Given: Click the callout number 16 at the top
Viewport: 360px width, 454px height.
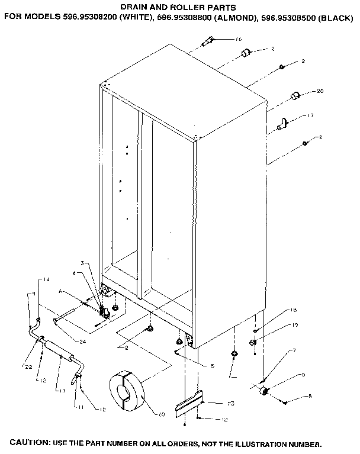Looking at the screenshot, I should pyautogui.click(x=238, y=39).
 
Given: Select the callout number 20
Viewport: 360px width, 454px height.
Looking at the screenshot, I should pyautogui.click(x=320, y=91).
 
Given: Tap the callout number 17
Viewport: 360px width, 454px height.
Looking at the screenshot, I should pyautogui.click(x=310, y=116).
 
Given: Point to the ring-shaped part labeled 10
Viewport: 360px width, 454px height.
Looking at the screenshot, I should pyautogui.click(x=128, y=391).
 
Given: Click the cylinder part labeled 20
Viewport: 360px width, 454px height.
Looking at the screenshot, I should pyautogui.click(x=295, y=96).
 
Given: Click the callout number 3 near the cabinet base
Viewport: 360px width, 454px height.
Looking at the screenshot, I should pyautogui.click(x=83, y=262).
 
